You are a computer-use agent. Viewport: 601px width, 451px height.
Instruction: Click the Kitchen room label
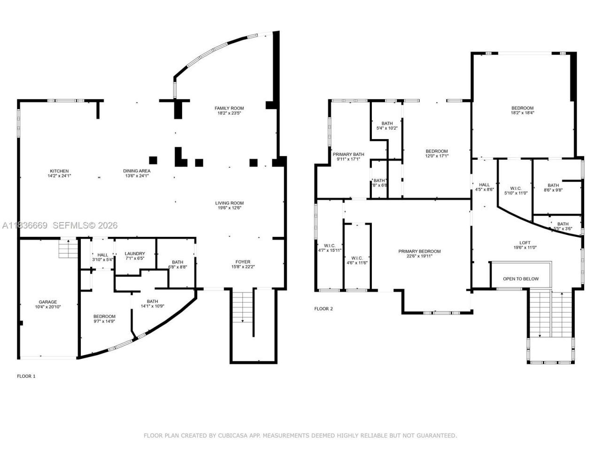tap(59, 171)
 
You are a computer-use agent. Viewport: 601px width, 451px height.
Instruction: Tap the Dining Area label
tap(137, 171)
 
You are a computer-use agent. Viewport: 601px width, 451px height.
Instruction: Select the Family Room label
tap(229, 108)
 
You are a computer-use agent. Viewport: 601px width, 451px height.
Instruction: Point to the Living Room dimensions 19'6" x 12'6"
tap(229, 208)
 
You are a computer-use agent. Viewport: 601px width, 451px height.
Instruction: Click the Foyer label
tap(243, 262)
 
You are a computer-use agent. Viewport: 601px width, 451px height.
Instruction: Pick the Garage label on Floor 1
tap(47, 302)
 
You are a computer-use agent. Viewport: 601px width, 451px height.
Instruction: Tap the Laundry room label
tap(135, 254)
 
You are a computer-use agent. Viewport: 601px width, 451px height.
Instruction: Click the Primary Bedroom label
tap(419, 251)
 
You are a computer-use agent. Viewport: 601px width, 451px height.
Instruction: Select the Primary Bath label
tap(348, 154)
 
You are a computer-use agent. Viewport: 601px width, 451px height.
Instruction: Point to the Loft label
tap(524, 242)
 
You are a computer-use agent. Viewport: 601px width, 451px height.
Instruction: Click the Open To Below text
tap(521, 279)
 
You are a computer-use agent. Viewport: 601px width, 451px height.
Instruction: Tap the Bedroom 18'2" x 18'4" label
tap(522, 108)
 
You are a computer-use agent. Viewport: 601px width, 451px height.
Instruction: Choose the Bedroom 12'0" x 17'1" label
tap(436, 151)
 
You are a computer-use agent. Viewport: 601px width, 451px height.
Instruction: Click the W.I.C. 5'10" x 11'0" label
tap(516, 188)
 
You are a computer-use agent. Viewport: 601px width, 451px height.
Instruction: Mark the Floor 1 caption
tap(26, 376)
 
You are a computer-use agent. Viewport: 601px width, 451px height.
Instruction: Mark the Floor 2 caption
tap(323, 309)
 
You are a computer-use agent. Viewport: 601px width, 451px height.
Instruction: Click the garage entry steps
tap(67, 249)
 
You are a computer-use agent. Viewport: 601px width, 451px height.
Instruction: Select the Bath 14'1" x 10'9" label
tap(152, 302)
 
